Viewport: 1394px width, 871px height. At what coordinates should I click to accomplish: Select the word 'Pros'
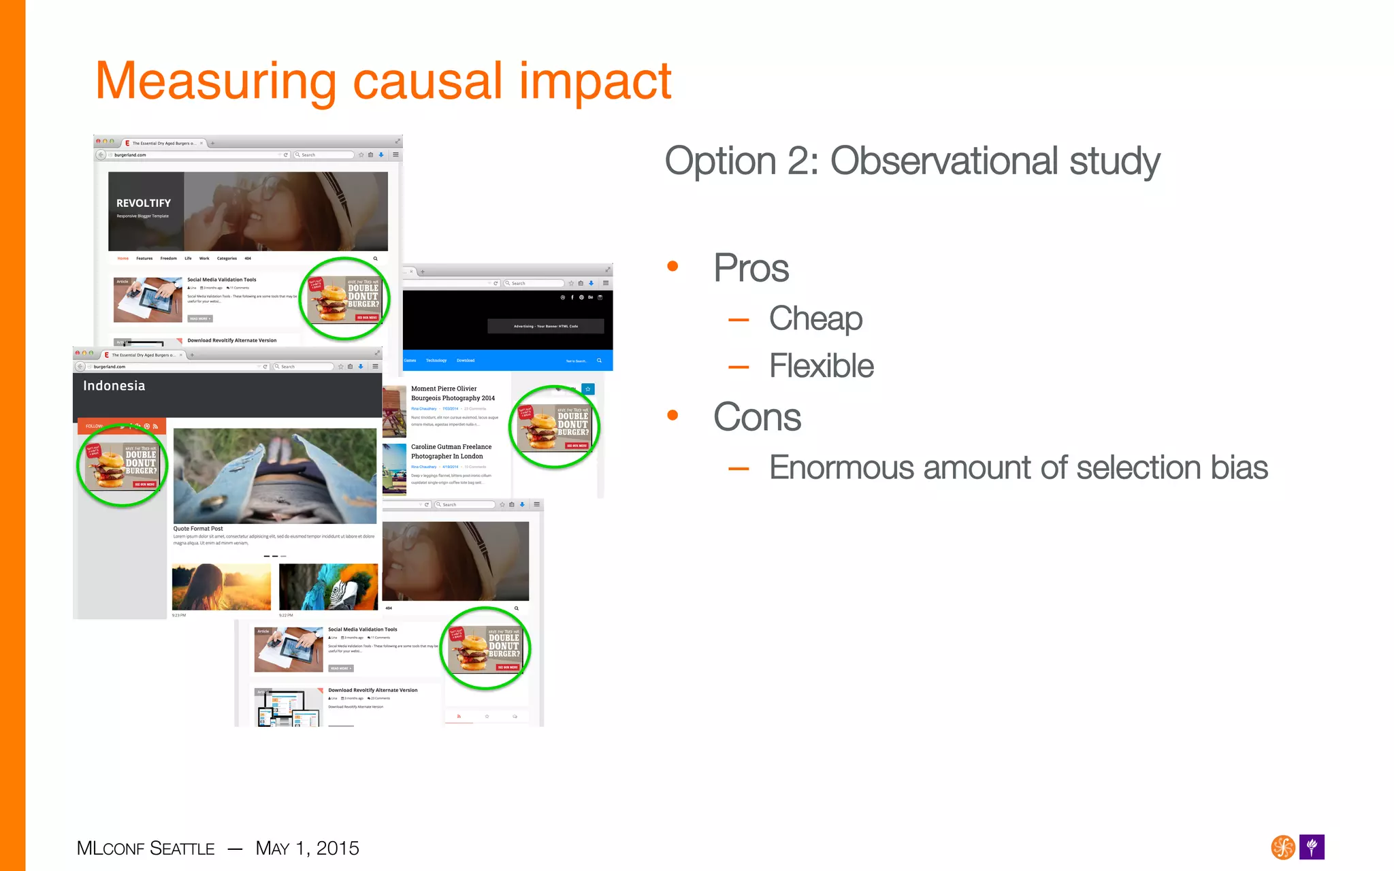[x=751, y=267]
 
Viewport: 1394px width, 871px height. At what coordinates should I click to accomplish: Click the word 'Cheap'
[x=815, y=318]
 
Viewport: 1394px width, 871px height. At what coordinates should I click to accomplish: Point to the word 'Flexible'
[x=821, y=366]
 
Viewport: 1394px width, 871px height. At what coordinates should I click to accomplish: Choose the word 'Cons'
[x=757, y=416]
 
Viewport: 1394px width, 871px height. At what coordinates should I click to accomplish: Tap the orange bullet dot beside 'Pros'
[x=672, y=266]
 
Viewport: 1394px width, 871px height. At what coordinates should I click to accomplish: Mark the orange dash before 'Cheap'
[x=739, y=319]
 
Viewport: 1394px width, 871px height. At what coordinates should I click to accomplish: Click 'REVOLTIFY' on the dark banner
[x=144, y=203]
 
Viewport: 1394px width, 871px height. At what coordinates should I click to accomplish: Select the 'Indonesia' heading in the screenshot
[x=114, y=386]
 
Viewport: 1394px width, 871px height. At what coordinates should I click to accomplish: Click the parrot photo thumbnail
[x=328, y=587]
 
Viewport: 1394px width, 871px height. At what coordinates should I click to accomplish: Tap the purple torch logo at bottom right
[x=1312, y=847]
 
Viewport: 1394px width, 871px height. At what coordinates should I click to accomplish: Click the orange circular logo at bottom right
[x=1283, y=847]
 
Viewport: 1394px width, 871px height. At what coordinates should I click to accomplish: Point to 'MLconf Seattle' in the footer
[x=146, y=849]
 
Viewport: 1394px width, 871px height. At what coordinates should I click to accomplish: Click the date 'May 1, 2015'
[x=307, y=849]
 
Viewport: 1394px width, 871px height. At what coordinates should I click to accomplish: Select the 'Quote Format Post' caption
[x=197, y=529]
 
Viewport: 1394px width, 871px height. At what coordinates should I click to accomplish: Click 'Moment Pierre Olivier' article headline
[x=444, y=389]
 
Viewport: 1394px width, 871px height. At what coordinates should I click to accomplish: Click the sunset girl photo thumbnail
[x=221, y=587]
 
